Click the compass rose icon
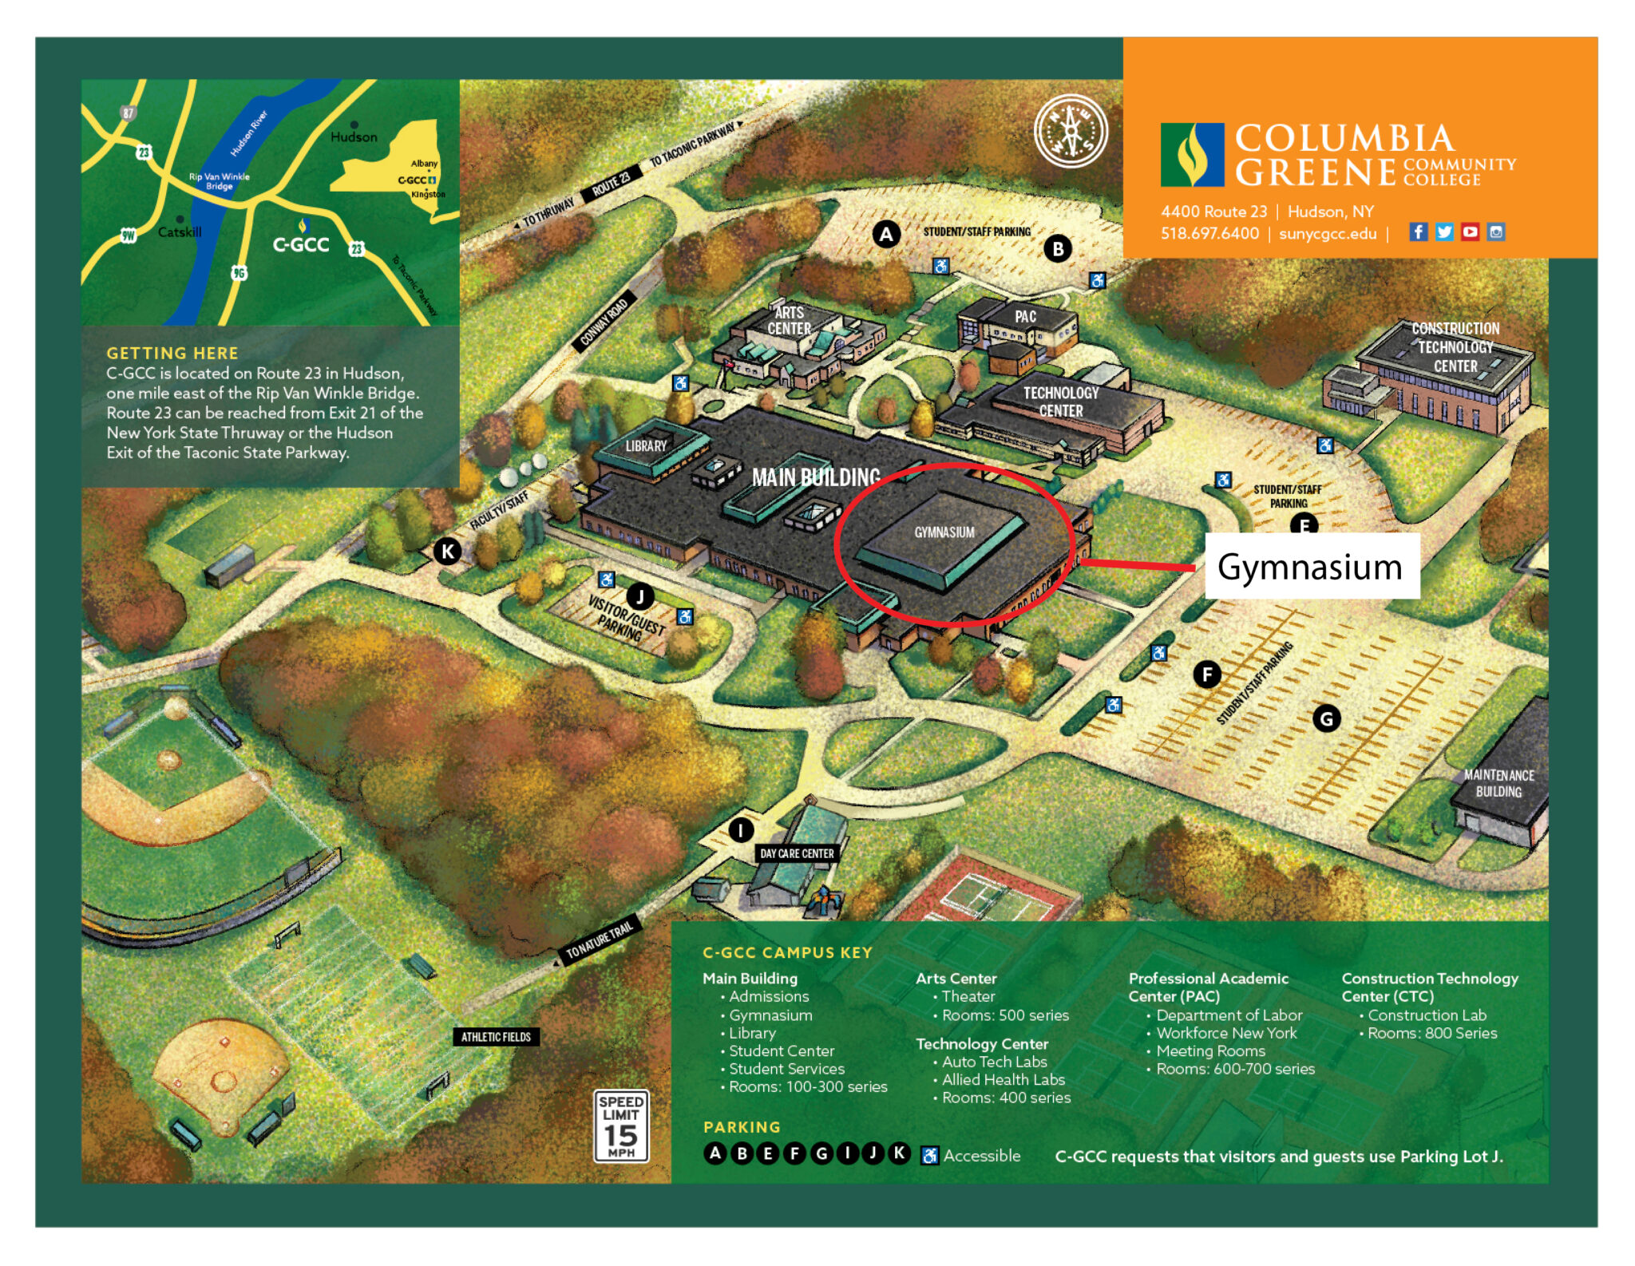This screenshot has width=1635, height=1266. point(1071,132)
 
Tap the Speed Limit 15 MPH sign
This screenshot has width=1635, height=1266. point(621,1126)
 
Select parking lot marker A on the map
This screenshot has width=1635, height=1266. point(885,235)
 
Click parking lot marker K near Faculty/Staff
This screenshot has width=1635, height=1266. point(448,551)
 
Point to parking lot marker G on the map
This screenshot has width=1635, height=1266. point(1326,719)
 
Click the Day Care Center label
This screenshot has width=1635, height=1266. point(796,853)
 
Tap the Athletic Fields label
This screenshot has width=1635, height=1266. point(496,1037)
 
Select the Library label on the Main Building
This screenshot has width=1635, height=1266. point(646,446)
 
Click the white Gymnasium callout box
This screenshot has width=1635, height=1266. point(1310,567)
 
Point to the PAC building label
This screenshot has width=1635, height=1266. point(1025,317)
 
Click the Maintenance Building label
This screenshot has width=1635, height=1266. point(1498,783)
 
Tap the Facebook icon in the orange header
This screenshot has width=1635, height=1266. point(1418,232)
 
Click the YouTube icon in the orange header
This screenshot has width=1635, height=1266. point(1470,232)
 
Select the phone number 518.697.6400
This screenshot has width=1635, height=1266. point(1209,234)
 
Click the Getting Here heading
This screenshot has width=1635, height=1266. point(172,353)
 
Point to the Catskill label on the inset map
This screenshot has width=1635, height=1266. point(180,232)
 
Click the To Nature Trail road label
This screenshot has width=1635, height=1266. point(599,940)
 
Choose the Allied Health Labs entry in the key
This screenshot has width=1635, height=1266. point(1003,1079)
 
